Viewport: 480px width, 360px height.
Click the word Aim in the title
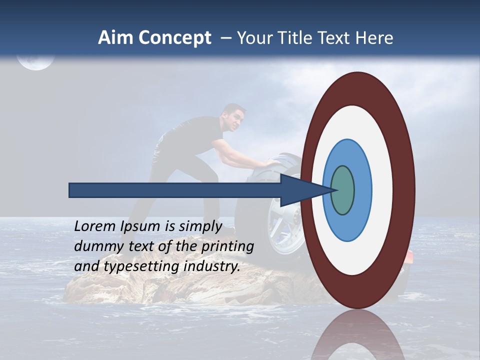tap(115, 38)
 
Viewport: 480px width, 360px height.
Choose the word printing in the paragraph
tap(227, 246)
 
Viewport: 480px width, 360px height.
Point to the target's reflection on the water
tap(357, 337)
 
